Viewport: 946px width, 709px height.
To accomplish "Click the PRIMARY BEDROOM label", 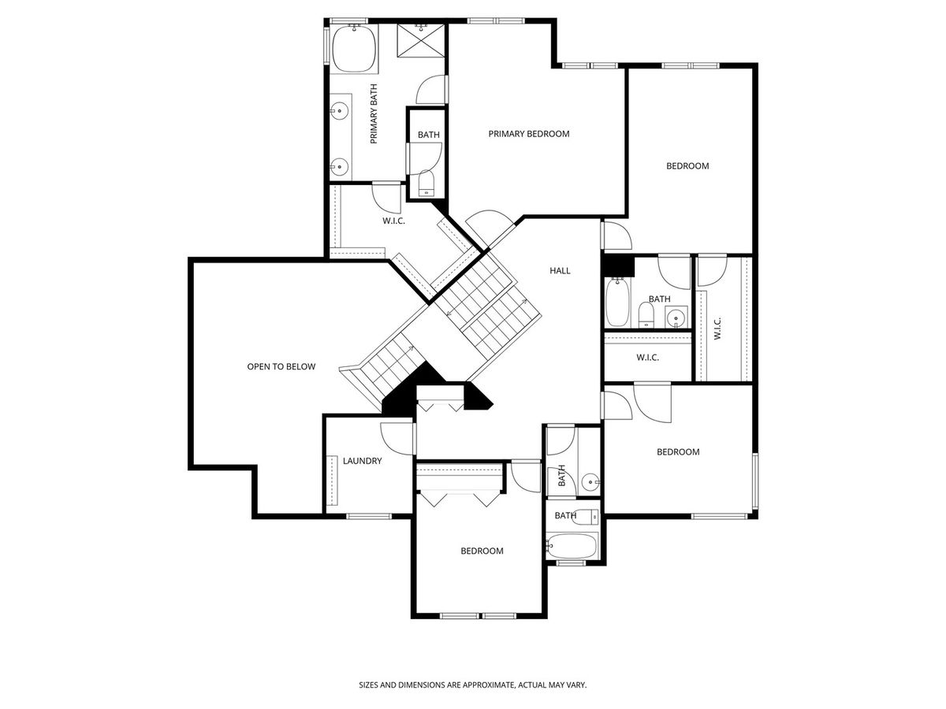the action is (x=528, y=134).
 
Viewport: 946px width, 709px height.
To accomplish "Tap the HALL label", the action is (x=560, y=271).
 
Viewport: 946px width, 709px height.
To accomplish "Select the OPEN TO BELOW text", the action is (x=281, y=367).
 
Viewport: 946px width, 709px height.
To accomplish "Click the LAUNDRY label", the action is (x=362, y=461).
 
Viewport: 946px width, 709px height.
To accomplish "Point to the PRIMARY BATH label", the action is (x=373, y=113).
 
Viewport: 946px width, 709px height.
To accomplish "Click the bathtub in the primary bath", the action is (x=354, y=49).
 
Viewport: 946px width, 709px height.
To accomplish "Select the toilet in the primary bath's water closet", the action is (x=426, y=183).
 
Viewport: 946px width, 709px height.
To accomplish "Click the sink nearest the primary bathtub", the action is (x=340, y=110).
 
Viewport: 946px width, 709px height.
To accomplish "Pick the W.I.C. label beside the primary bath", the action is (x=393, y=221).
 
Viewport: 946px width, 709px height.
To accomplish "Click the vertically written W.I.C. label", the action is (x=717, y=329).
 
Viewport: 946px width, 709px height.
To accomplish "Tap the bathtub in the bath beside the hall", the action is (x=617, y=302).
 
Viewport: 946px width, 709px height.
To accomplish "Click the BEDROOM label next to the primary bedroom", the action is (x=687, y=166).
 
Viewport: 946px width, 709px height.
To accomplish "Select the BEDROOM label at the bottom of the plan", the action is (x=482, y=551).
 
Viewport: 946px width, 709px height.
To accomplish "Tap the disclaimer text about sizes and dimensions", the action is (x=473, y=685).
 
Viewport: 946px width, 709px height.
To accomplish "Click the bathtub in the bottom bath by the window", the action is (x=572, y=546).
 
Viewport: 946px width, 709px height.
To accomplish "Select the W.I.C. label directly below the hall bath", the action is (x=647, y=358).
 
